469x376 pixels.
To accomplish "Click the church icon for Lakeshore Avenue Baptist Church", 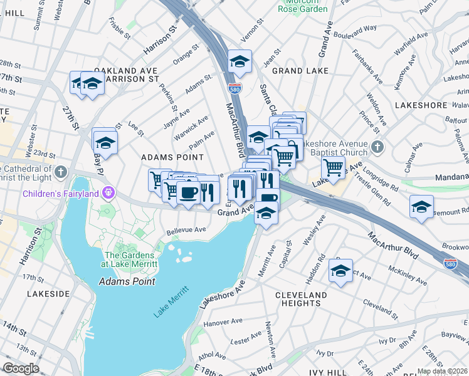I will click(376, 147).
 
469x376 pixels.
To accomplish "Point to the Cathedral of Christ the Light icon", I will click(61, 171).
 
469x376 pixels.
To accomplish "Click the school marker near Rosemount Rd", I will click(421, 207).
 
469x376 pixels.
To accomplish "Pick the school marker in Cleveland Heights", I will click(340, 271).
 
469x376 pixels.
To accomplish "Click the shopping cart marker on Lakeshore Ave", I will click(333, 167).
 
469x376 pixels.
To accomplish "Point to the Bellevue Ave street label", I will click(186, 230).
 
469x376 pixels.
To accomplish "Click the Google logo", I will click(21, 368).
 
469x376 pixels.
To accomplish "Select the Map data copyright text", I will click(441, 371).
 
